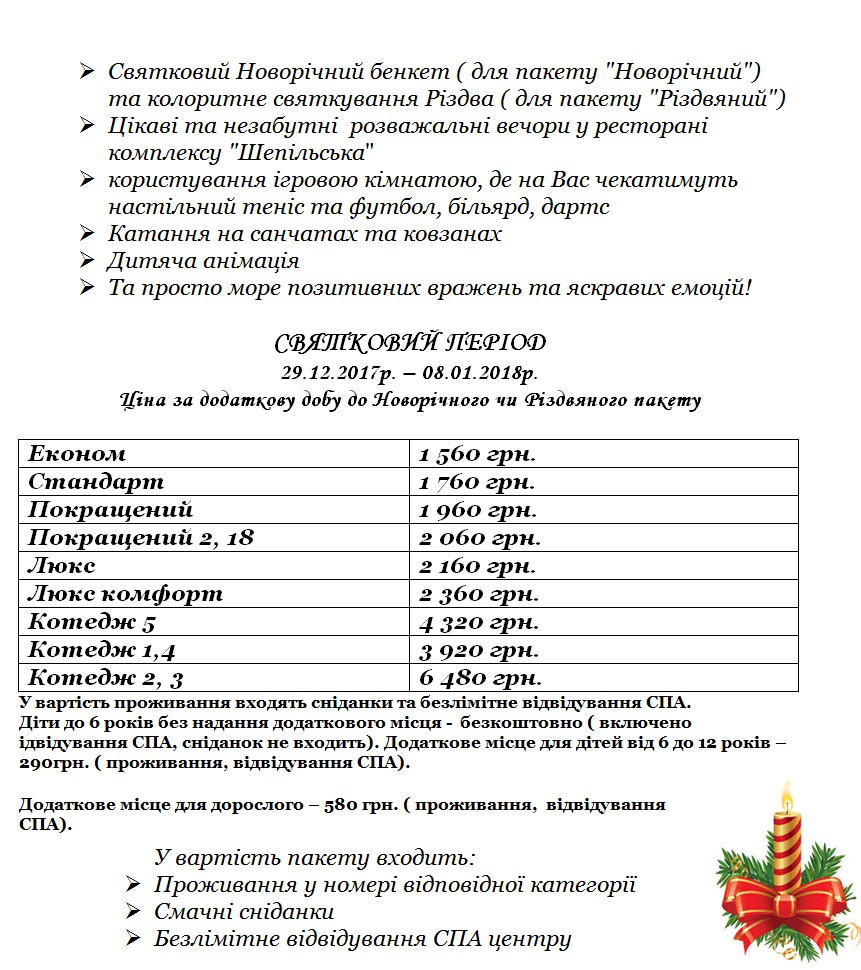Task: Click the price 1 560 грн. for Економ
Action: point(477,454)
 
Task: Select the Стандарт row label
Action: point(96,482)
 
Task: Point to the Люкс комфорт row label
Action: point(125,594)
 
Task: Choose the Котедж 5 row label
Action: point(91,622)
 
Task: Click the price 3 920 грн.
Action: point(479,651)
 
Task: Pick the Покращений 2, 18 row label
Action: point(141,538)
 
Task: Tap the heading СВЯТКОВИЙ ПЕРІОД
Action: point(410,343)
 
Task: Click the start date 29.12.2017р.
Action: point(338,373)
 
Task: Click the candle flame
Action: point(787,800)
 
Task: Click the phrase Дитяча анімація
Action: point(203,261)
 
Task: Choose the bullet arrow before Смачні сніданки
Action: point(133,913)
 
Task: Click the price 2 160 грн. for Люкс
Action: point(479,566)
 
